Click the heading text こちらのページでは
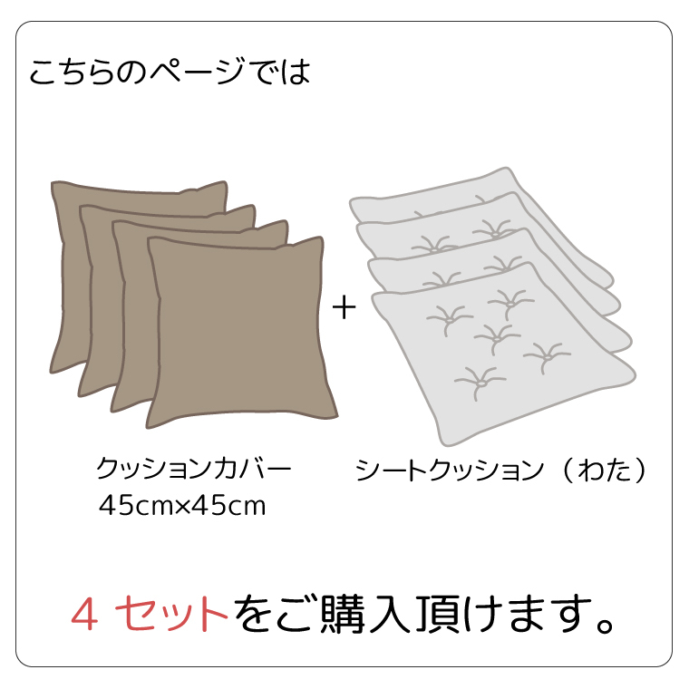(x=170, y=73)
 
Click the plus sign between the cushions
(x=344, y=308)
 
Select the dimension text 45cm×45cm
(x=182, y=506)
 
